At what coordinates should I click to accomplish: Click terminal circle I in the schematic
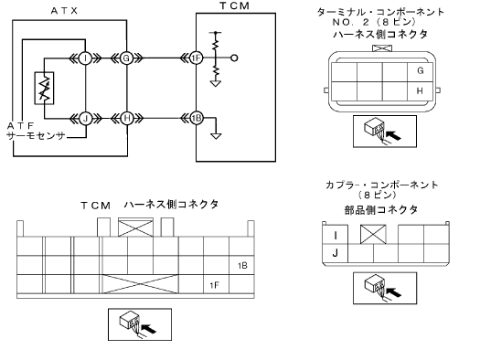tap(85, 58)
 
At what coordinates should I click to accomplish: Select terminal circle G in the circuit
tap(126, 58)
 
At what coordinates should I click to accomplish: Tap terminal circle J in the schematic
tap(85, 118)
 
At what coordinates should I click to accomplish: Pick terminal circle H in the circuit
tap(127, 118)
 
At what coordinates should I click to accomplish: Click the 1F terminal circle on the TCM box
tap(196, 58)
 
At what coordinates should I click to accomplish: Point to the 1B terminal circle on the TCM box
tap(197, 118)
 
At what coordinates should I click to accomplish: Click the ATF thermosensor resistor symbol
tap(45, 88)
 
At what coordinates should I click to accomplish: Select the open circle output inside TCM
tap(234, 58)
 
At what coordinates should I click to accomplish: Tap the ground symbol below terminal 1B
tap(216, 136)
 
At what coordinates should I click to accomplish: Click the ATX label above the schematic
tap(64, 11)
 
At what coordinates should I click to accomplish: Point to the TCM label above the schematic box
tap(235, 5)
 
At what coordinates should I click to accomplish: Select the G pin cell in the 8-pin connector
tap(420, 72)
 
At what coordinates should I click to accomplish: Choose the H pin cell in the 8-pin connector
tap(420, 91)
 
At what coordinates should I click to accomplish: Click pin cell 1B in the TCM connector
tap(242, 266)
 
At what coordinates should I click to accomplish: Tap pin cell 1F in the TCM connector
tap(216, 284)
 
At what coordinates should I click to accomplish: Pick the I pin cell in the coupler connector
tap(336, 235)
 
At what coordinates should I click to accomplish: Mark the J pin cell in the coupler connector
tap(336, 253)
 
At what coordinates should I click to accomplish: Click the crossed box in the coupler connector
tap(373, 234)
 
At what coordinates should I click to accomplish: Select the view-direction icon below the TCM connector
tap(140, 324)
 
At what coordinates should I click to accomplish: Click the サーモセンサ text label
tap(37, 136)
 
